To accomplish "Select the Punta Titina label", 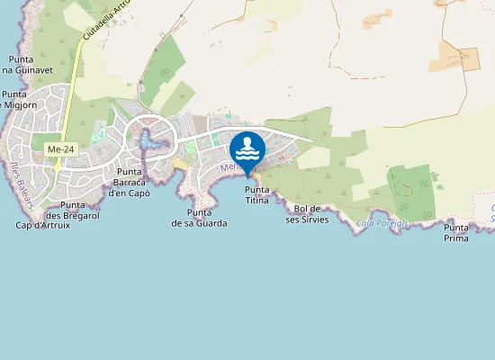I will coord(257,194).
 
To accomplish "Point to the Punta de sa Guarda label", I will coord(199,218).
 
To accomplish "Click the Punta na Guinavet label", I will coord(18,65).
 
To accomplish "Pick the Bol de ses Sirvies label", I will coord(307,214).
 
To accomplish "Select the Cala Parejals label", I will coord(382,222).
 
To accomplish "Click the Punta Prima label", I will coord(456,233).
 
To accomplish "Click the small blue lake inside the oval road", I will coord(151,141).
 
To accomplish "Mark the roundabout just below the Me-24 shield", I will coord(58,166).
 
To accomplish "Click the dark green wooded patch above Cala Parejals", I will coord(412,191).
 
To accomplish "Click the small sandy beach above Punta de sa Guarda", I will coord(180,166).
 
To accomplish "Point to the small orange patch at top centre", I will coord(378,18).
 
